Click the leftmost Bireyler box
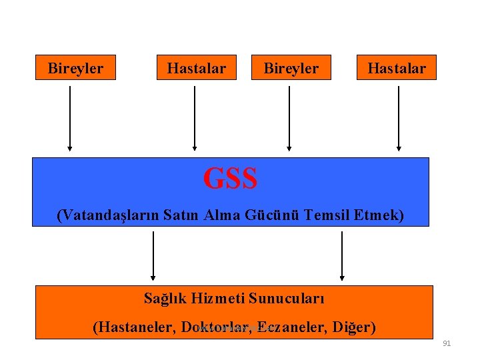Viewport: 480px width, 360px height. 75,68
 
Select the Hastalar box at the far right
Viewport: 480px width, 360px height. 397,68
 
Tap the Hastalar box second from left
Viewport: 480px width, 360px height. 197,68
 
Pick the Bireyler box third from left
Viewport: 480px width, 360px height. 291,68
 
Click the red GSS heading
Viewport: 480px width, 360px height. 230,179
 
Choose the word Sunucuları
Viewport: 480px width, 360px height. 291,298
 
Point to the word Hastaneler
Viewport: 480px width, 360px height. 135,327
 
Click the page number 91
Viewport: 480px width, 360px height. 447,343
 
